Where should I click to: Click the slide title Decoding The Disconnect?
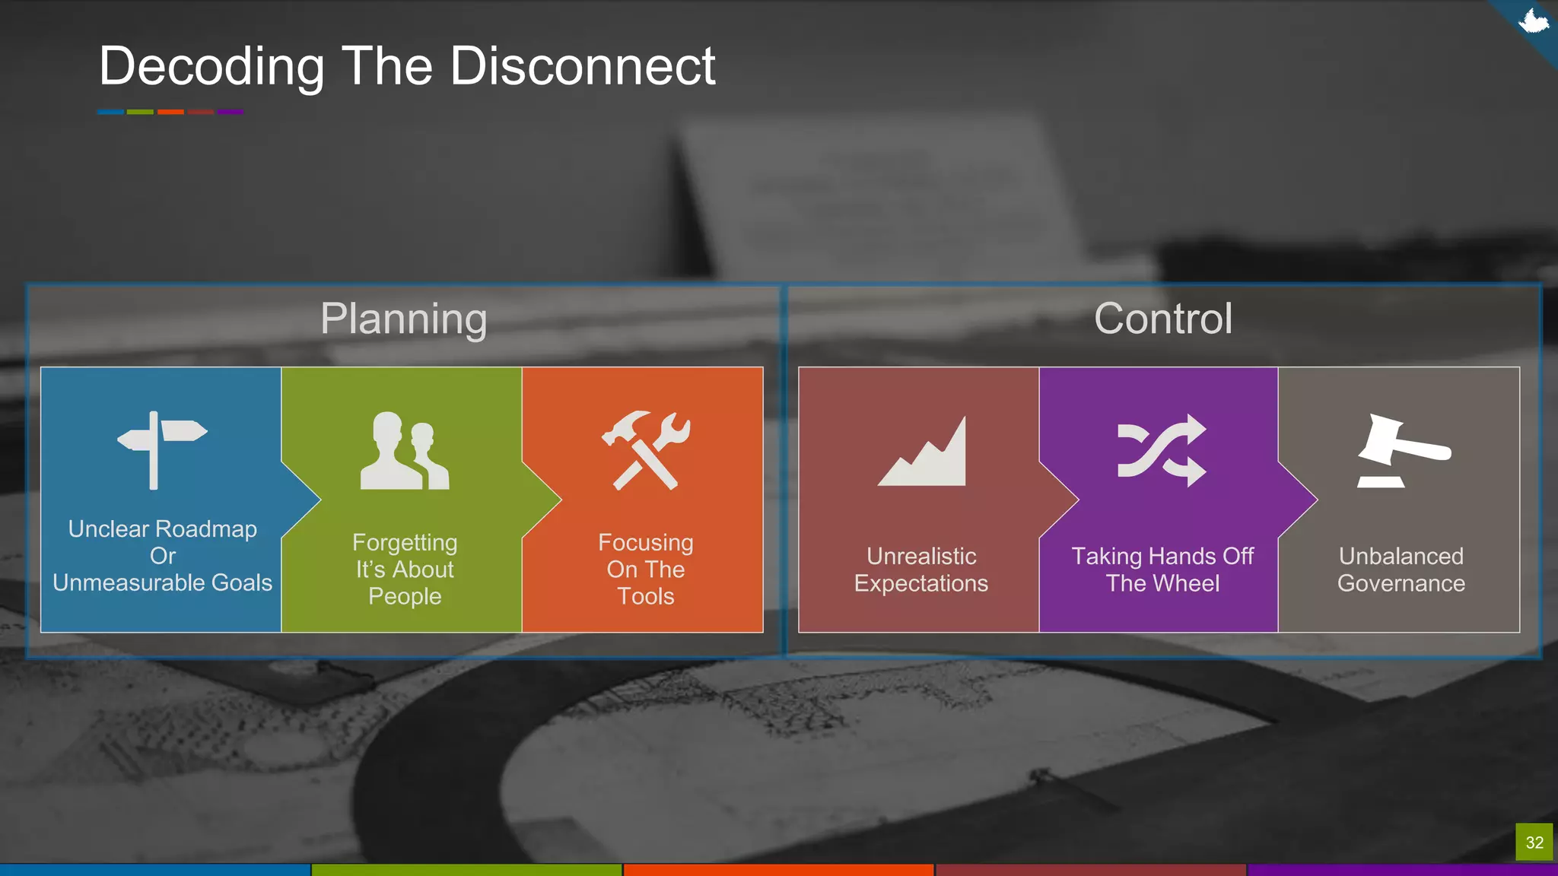click(x=407, y=66)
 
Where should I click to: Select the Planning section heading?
click(x=403, y=319)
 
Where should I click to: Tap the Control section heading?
click(x=1162, y=319)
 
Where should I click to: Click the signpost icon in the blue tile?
click(x=161, y=449)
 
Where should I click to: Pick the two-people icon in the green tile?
click(x=404, y=451)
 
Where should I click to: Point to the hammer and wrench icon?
click(x=646, y=450)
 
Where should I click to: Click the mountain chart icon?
click(x=923, y=452)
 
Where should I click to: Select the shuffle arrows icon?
click(x=1162, y=450)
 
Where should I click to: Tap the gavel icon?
click(x=1403, y=450)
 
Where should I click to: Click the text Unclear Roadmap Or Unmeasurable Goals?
click(x=162, y=556)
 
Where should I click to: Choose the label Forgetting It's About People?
click(x=405, y=570)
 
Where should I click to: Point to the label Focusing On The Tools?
click(x=646, y=570)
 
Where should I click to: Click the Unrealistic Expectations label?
click(x=921, y=570)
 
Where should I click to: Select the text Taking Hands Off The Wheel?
click(x=1162, y=570)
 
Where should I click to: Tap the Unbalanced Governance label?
click(x=1401, y=570)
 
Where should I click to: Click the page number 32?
click(x=1534, y=843)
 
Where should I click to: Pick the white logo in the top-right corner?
click(x=1533, y=21)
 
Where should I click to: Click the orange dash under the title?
click(x=170, y=112)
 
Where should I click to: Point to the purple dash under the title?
click(x=231, y=112)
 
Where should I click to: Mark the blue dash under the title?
click(x=110, y=112)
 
